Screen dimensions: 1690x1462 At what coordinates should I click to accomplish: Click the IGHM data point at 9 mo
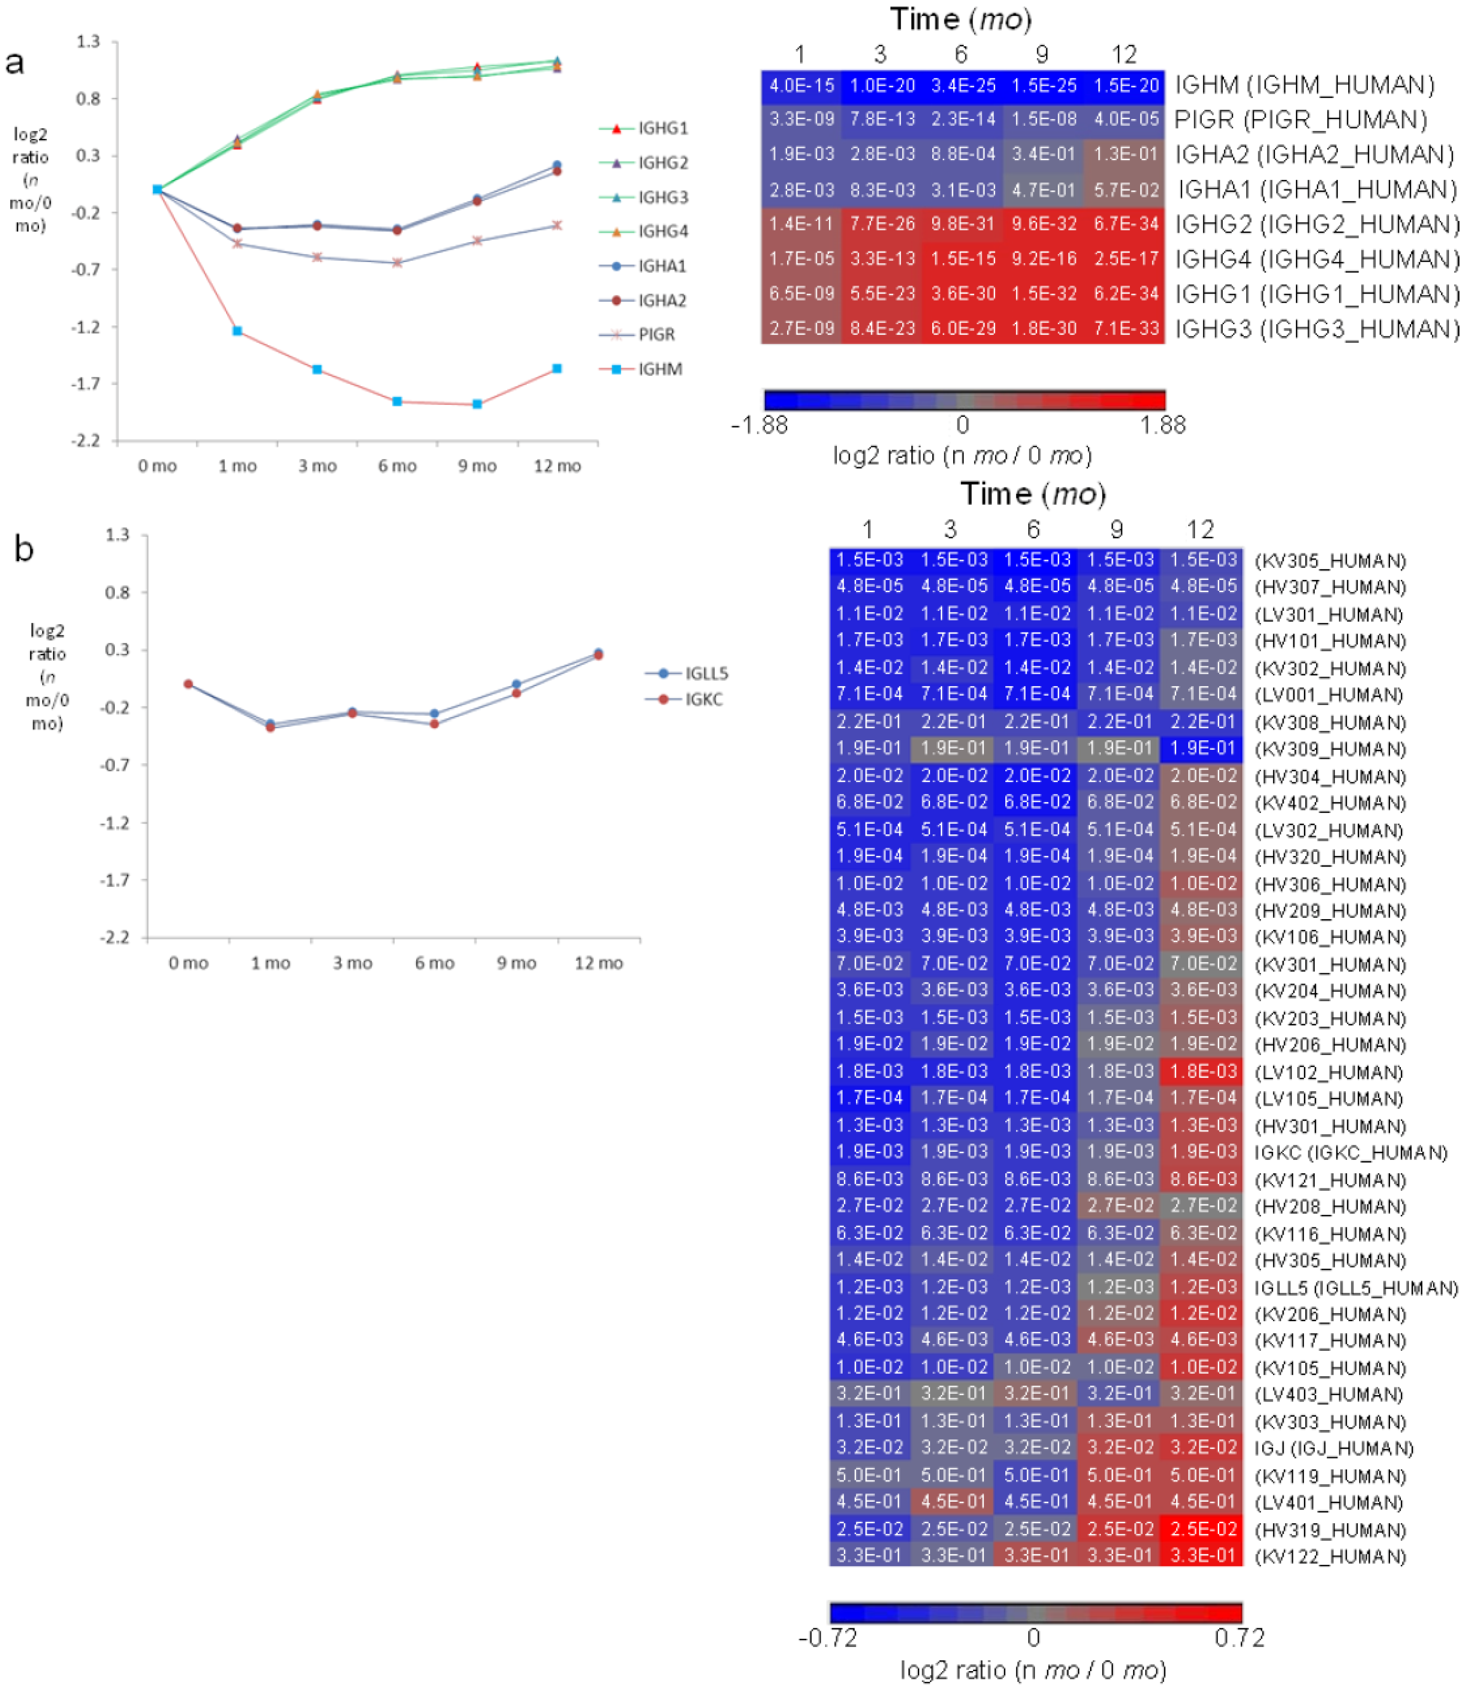point(477,404)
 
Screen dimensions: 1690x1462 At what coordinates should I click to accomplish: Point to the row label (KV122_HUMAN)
point(1330,1556)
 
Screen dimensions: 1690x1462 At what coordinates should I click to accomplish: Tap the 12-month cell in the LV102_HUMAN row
point(1203,1071)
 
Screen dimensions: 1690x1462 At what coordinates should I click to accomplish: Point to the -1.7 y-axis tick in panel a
point(87,383)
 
